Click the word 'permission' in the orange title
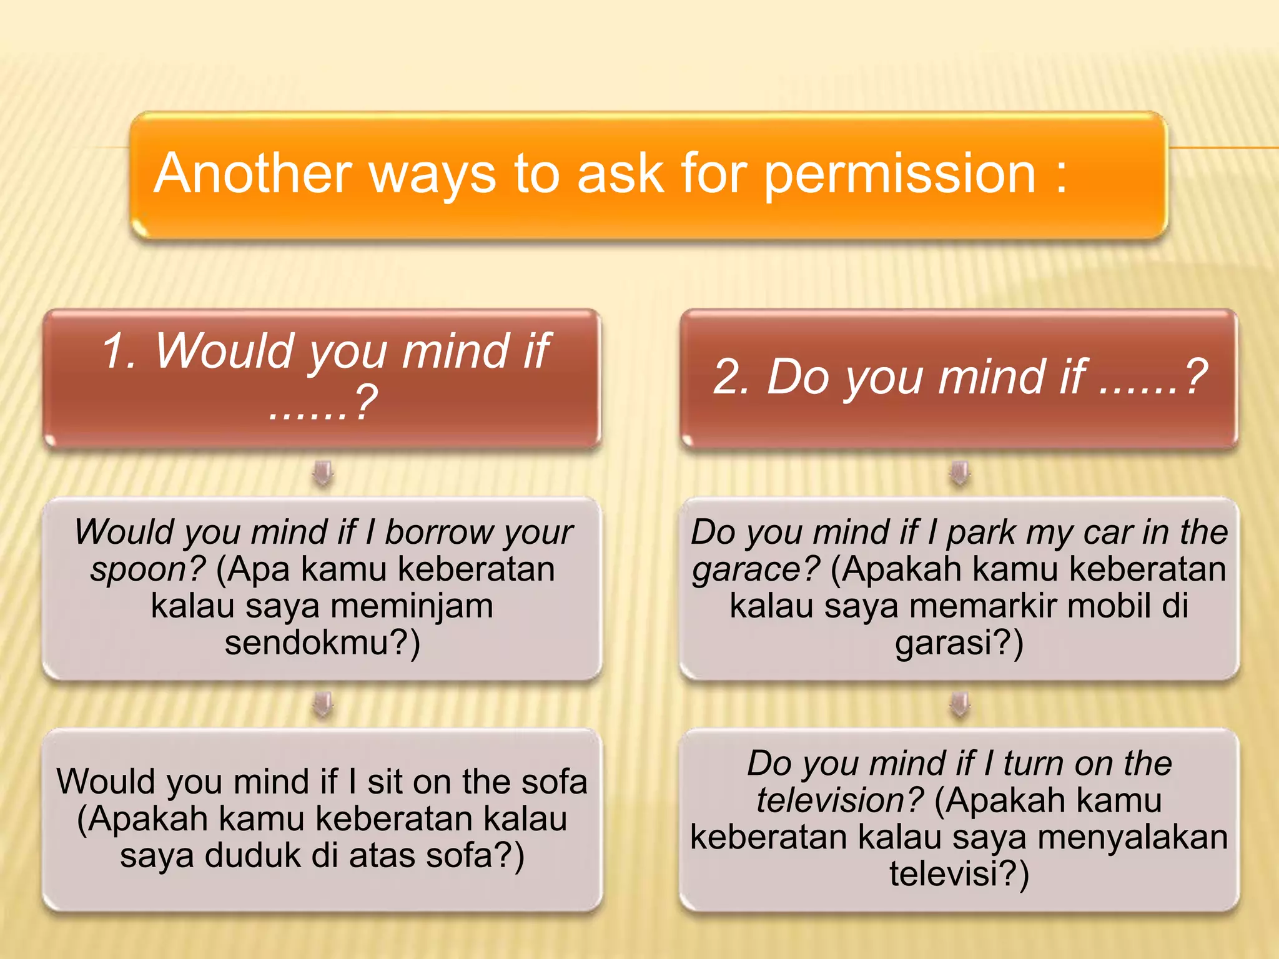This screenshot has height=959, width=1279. pos(900,175)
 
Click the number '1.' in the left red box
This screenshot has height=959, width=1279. pos(119,351)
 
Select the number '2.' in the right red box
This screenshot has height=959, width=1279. pos(731,377)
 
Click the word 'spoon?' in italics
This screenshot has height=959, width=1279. pos(147,569)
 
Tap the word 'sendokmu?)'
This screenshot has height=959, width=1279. pos(322,643)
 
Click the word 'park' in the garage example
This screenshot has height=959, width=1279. pos(980,533)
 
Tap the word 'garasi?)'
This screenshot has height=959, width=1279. pos(959,643)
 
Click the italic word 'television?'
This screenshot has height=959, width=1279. pos(839,800)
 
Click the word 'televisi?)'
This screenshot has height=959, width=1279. pos(959,873)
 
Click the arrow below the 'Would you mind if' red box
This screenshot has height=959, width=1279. pos(323,473)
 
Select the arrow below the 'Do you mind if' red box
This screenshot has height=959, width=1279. pos(960,473)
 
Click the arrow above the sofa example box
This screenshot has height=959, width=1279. pos(323,704)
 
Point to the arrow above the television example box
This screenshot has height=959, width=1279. pos(960,704)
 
